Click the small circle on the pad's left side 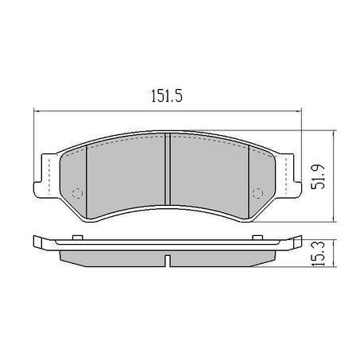coord(77,193)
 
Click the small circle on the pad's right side coord(257,193)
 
